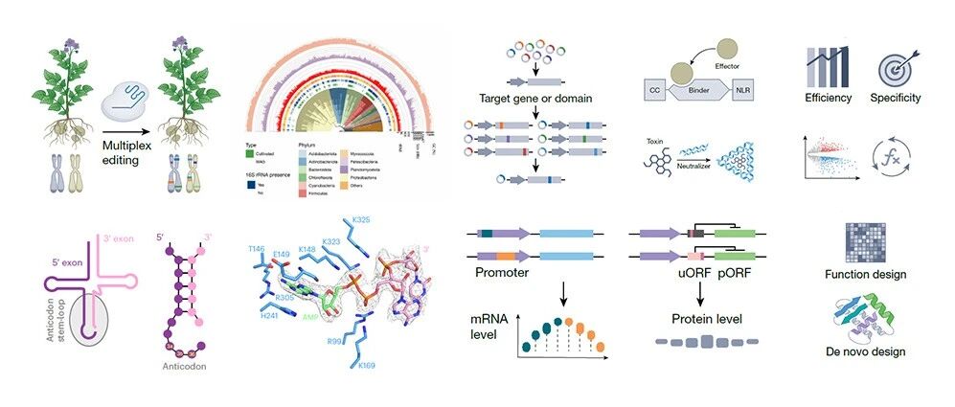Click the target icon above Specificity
coord(896,69)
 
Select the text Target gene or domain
coord(535,98)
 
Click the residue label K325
coord(361,220)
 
